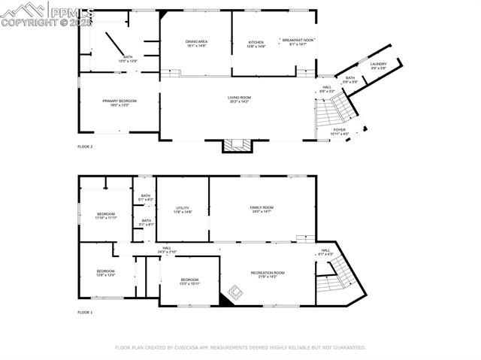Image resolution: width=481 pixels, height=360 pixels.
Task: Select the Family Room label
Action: pyautogui.click(x=262, y=209)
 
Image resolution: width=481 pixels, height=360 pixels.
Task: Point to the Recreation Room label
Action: pyautogui.click(x=268, y=274)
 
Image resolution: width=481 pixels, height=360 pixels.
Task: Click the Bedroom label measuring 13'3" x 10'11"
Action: pyautogui.click(x=189, y=281)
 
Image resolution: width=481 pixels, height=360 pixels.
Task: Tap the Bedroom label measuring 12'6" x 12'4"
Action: pyautogui.click(x=105, y=273)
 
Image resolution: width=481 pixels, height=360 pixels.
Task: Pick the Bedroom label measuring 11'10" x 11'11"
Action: pyautogui.click(x=106, y=216)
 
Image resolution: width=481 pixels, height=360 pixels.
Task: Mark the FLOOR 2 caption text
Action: pyautogui.click(x=85, y=147)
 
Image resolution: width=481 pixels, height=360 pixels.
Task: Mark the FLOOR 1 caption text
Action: pyautogui.click(x=85, y=312)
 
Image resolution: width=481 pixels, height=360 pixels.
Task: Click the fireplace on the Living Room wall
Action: pyautogui.click(x=240, y=144)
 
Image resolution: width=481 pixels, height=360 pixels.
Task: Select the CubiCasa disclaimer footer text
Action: pyautogui.click(x=240, y=348)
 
